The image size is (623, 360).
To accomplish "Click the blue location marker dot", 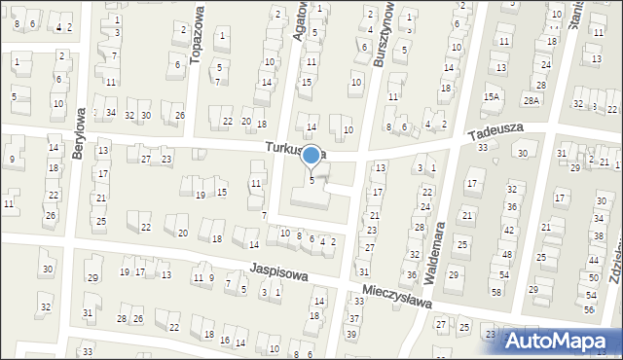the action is coord(311,155).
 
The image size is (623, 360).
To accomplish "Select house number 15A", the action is coord(492,96).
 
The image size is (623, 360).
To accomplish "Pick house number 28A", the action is coord(531,100).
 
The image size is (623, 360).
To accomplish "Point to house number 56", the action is coord(589,308).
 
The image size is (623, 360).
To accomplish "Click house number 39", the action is coord(351,334).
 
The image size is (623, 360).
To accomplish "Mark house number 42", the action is coord(509,230).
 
